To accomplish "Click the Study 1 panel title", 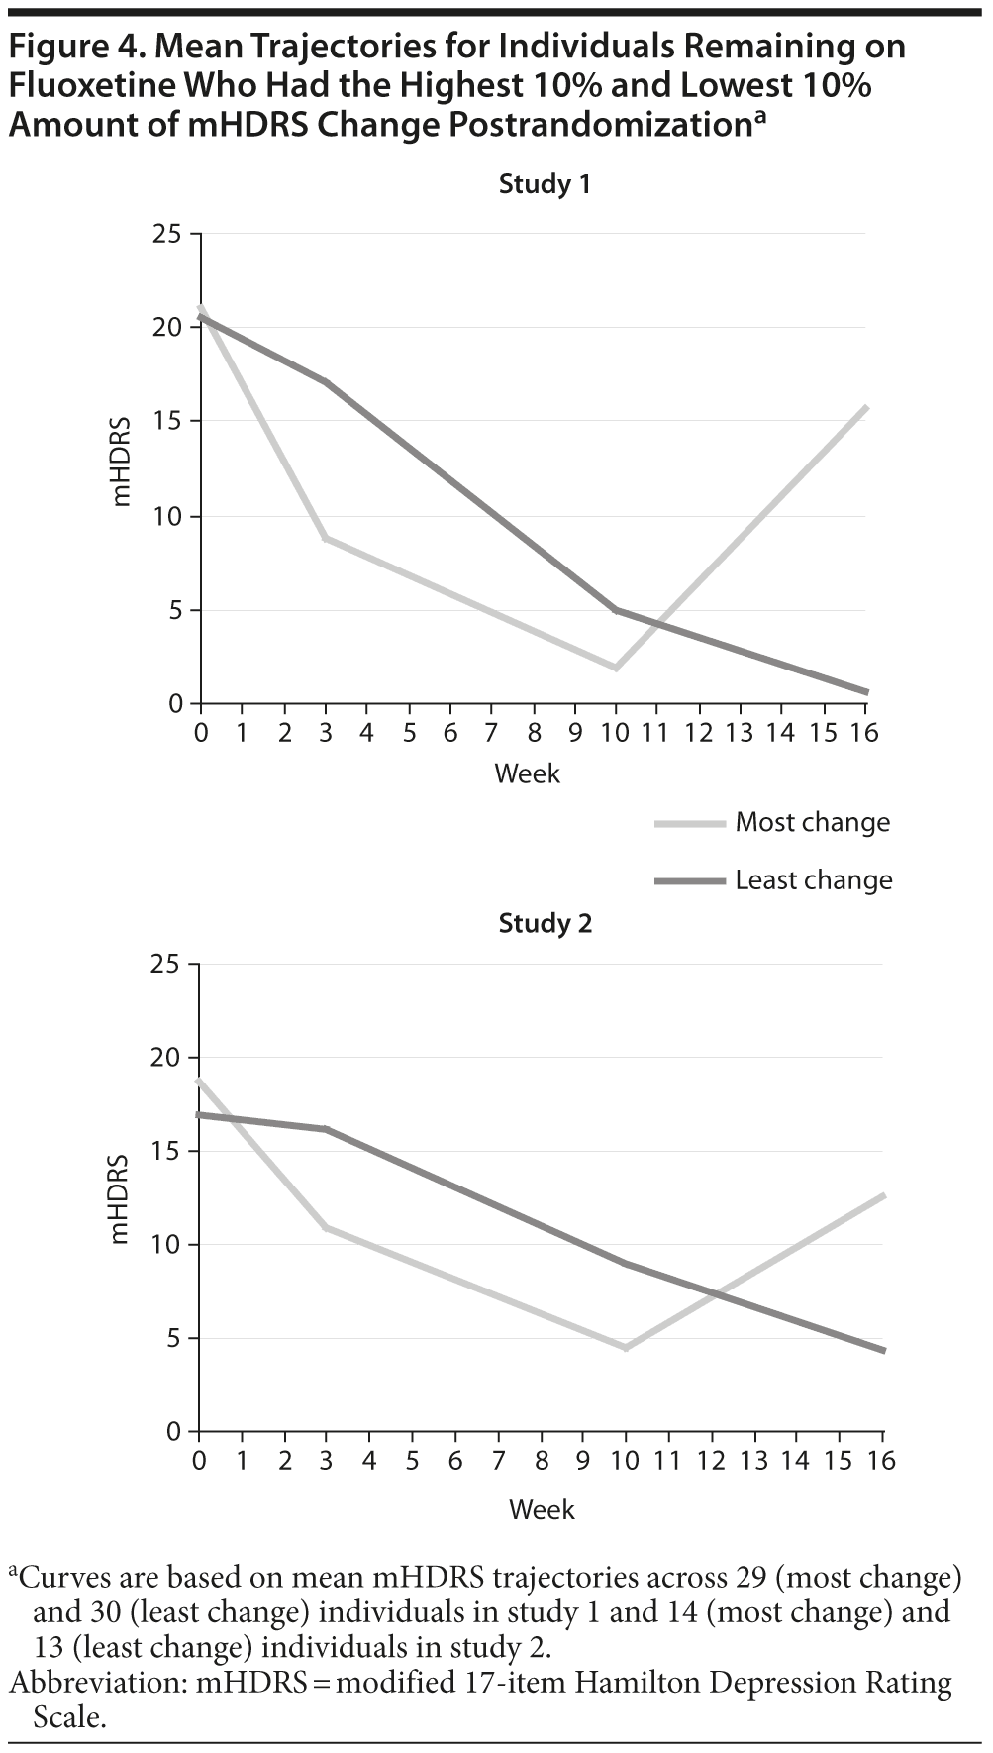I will point(545,184).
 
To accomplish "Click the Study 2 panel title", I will point(545,923).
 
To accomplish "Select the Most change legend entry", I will point(812,822).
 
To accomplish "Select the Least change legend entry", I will point(813,880).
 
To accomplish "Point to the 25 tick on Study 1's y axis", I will point(168,234).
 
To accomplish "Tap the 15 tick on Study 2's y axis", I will point(168,1151).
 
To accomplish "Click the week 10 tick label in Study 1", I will point(614,733).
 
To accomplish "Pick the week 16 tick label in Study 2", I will point(881,1461).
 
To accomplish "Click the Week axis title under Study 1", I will point(527,773).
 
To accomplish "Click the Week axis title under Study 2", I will point(542,1509).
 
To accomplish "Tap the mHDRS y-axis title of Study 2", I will point(120,1198).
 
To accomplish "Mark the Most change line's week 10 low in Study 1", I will point(616,669).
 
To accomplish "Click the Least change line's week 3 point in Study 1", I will point(326,382).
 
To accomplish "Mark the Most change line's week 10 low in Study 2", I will point(626,1348).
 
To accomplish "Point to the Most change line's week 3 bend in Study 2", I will point(326,1227).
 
